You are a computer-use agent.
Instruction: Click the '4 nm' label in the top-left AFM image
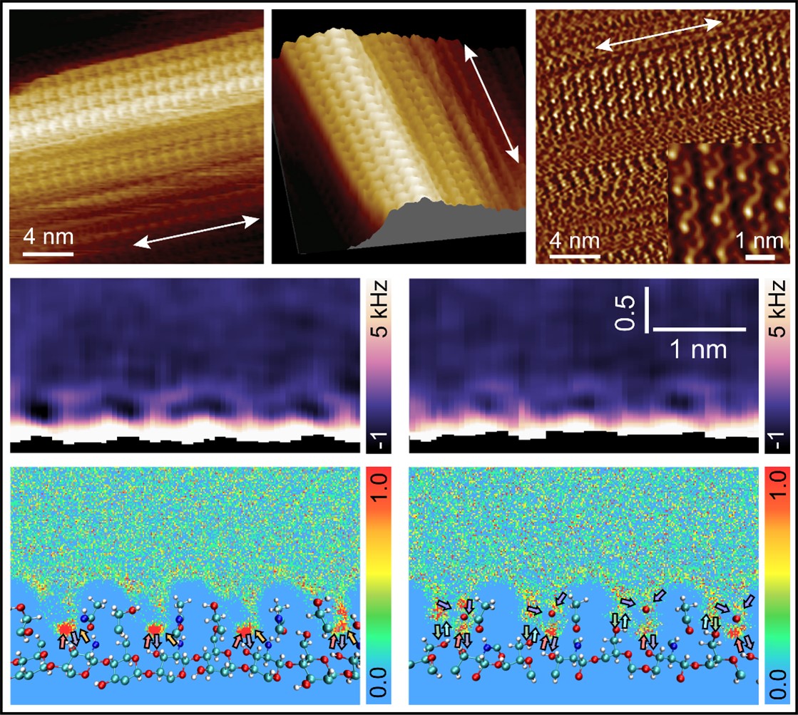coord(47,235)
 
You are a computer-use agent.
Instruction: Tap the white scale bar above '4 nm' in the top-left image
coord(48,252)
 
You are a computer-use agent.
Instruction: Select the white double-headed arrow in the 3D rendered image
coord(492,101)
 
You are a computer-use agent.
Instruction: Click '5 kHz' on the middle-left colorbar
coord(381,307)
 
